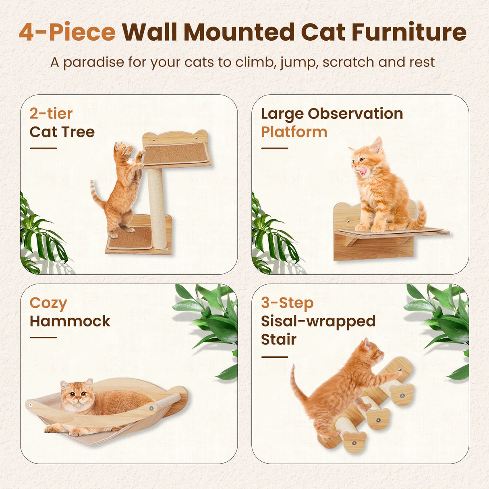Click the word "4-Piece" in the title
[67, 32]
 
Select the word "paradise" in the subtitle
[93, 62]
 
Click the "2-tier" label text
[51, 114]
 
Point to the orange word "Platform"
[294, 132]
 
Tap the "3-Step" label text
[287, 303]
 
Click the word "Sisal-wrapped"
[318, 321]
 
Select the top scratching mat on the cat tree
[176, 153]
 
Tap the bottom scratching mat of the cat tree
[130, 238]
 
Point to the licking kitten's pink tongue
[363, 172]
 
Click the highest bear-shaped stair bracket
[402, 394]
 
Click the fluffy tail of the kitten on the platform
[420, 215]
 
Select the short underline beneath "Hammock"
[43, 338]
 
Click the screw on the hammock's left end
[31, 404]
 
